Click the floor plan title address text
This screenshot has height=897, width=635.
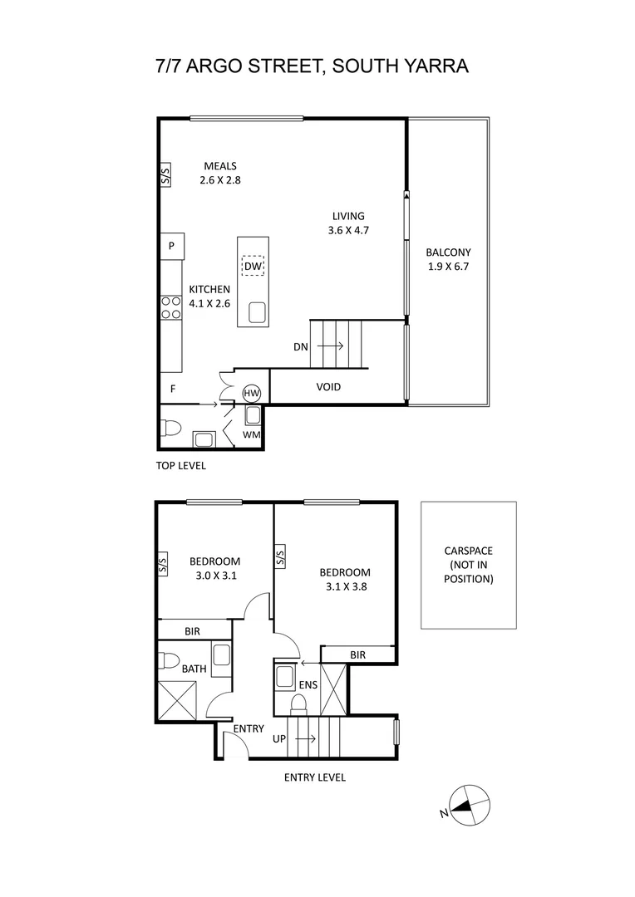pos(312,66)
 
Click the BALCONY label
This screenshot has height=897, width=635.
pos(448,252)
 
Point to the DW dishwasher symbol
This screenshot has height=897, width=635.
pos(254,266)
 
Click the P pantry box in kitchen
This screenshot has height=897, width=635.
pos(171,246)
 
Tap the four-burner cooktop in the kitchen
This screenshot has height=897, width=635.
pos(171,308)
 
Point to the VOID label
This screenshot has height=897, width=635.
pos(328,387)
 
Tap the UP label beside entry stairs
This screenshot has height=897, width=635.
pos(280,738)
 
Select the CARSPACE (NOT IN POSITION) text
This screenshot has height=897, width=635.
pos(468,565)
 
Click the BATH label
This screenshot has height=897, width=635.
pos(194,668)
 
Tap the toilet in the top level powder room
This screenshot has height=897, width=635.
pos(171,429)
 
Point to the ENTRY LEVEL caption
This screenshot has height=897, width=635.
pos(314,777)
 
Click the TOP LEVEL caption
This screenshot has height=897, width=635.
pos(180,466)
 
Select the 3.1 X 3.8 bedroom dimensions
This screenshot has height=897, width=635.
pos(345,586)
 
